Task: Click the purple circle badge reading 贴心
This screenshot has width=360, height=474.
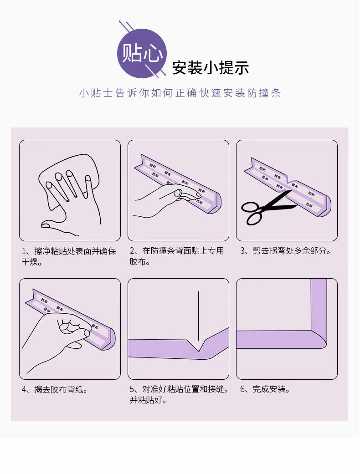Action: tap(142, 54)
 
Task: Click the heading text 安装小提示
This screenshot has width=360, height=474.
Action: tap(211, 67)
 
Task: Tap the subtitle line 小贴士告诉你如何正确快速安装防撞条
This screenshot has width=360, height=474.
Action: tap(180, 93)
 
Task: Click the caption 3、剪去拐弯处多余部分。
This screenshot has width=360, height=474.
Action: tap(286, 251)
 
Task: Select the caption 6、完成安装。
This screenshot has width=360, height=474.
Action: tap(265, 389)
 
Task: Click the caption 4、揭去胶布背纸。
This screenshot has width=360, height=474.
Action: tap(55, 389)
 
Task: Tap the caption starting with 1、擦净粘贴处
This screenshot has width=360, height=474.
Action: tap(69, 256)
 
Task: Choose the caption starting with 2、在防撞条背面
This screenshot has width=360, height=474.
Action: tap(177, 256)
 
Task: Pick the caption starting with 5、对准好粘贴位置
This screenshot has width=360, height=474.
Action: tap(179, 394)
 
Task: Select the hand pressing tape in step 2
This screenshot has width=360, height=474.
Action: tap(163, 199)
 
